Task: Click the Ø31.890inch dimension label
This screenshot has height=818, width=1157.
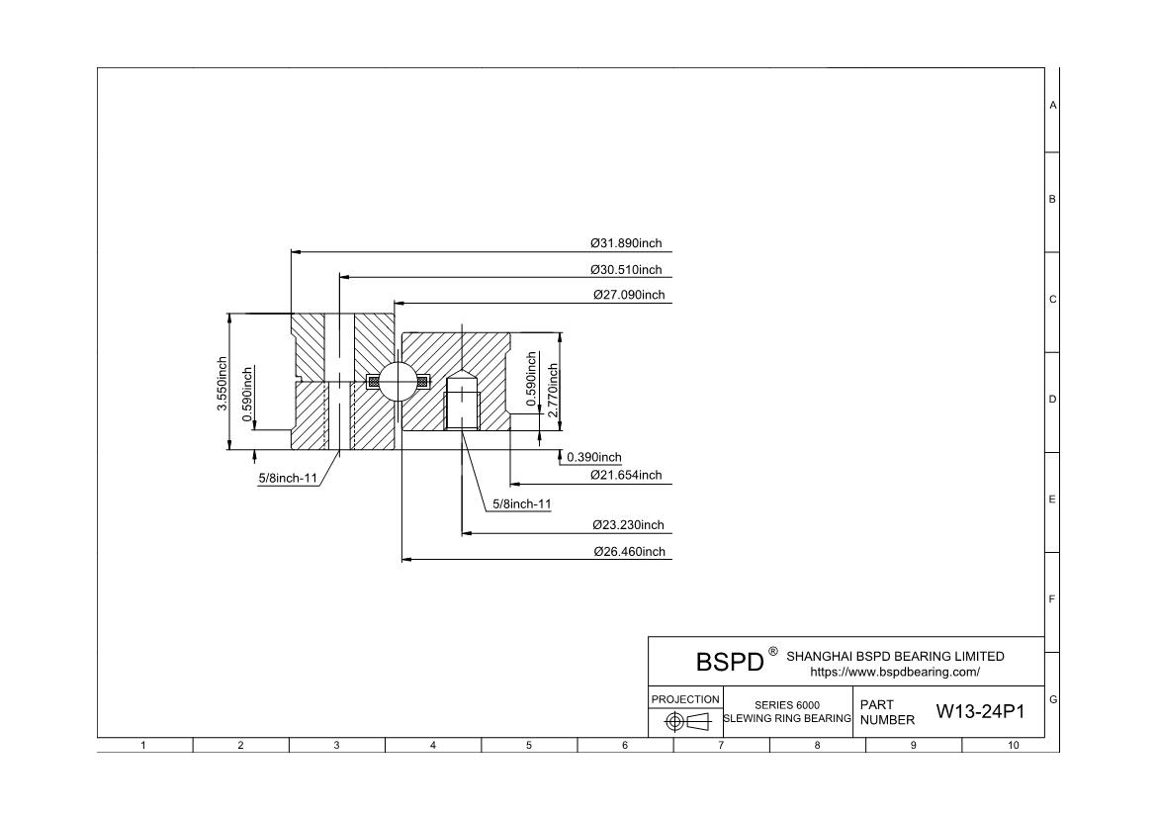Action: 626,243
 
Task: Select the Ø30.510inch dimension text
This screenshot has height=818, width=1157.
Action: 626,269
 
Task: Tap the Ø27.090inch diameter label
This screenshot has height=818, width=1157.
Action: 629,295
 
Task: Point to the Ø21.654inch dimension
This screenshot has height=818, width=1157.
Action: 626,475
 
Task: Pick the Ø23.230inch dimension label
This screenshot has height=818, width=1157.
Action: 629,525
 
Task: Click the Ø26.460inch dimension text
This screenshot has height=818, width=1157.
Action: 629,551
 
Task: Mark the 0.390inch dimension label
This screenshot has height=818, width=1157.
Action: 594,457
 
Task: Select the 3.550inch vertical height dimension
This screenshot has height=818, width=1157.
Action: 222,386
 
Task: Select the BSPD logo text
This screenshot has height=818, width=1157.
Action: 730,662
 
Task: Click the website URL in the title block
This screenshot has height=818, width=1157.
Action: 895,673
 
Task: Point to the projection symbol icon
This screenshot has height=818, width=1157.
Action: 687,721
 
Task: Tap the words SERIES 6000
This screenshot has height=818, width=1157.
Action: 787,705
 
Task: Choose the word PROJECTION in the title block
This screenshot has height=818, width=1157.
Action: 685,699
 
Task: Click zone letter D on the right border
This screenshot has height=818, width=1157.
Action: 1052,400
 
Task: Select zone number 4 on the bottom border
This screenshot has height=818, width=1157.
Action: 433,746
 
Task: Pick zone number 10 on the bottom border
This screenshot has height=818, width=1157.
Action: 1013,746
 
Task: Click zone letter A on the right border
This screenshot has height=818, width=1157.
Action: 1052,105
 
